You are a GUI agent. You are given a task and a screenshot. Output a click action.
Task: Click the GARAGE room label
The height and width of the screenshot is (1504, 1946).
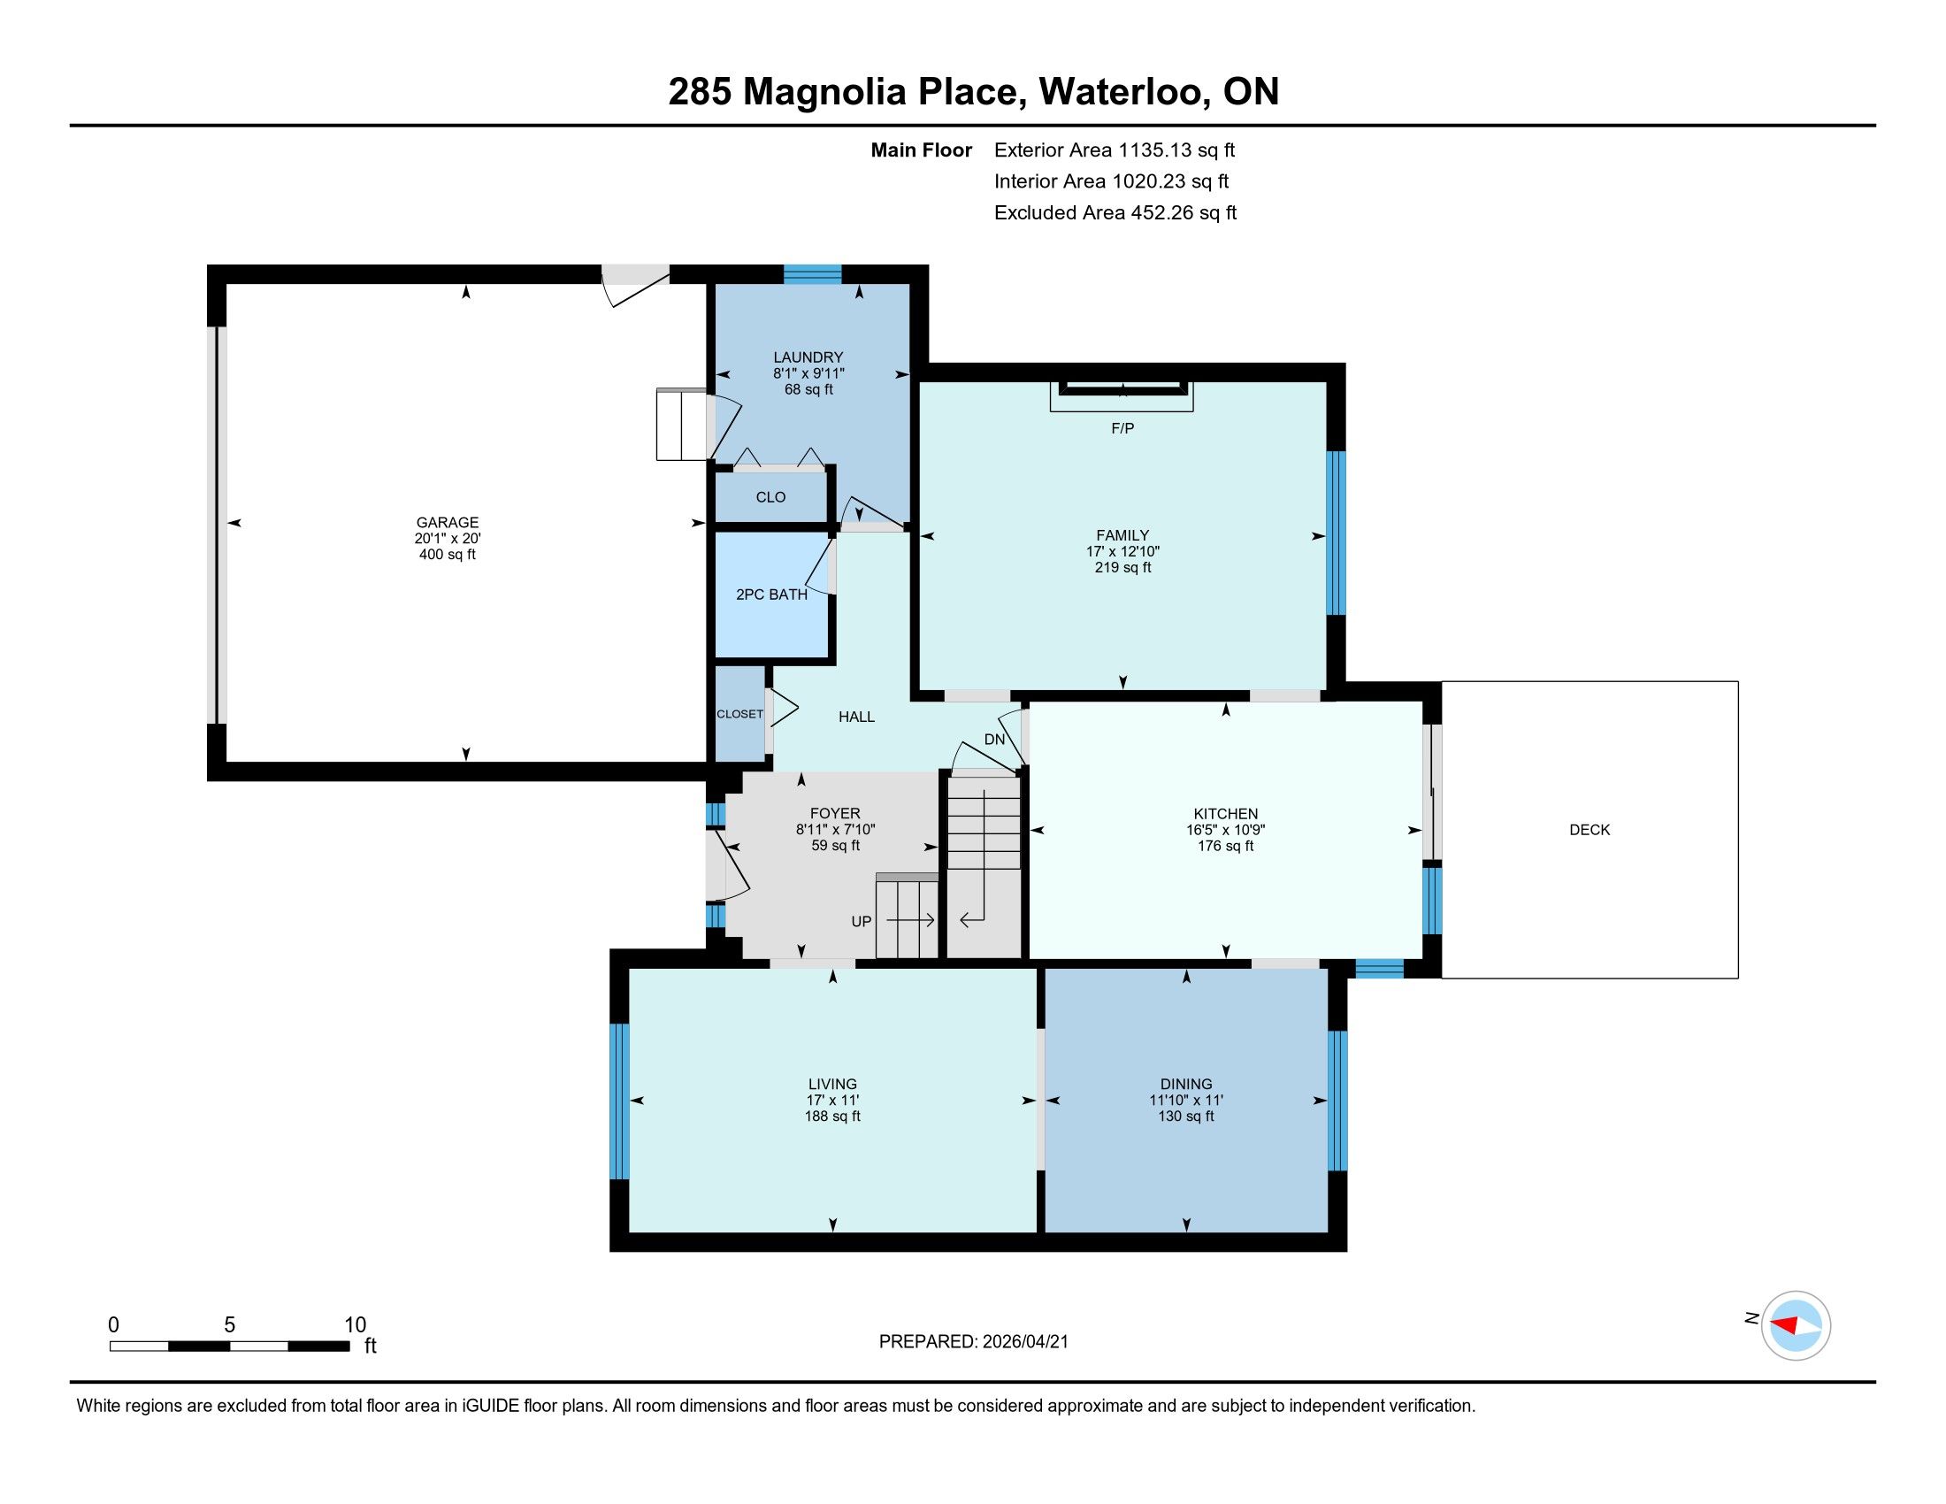[448, 522]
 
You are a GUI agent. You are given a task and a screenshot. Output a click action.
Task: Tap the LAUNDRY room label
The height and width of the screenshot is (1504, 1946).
[808, 357]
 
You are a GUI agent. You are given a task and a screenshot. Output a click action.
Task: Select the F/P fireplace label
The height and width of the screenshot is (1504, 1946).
[1122, 428]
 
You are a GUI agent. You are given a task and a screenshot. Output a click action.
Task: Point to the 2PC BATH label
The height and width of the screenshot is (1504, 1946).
[771, 595]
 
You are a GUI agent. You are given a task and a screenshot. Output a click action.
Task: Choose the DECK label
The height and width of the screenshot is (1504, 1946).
[1590, 830]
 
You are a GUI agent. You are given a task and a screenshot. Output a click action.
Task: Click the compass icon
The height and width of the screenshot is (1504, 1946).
[1797, 1325]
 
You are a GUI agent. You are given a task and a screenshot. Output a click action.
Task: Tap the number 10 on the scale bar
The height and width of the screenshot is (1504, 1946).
[355, 1324]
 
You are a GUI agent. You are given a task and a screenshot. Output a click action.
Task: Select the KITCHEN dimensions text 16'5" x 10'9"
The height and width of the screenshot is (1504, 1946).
[1225, 830]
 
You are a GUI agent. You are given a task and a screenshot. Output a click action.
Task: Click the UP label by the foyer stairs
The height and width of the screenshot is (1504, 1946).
[861, 921]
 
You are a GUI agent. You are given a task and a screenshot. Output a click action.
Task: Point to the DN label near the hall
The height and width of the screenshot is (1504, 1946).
[994, 740]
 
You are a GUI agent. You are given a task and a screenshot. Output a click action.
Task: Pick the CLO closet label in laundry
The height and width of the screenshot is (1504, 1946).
[770, 497]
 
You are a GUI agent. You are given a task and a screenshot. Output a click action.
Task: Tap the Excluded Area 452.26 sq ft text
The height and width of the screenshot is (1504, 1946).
[1115, 213]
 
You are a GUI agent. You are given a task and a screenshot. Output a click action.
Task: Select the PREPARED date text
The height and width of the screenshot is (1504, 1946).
[973, 1342]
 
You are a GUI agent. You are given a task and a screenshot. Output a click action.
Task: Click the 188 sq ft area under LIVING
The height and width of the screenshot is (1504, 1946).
[832, 1116]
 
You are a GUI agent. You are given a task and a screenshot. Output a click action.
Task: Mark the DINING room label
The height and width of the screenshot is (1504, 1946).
[1186, 1085]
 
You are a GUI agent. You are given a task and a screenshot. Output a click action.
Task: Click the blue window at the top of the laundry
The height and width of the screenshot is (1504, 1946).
[813, 273]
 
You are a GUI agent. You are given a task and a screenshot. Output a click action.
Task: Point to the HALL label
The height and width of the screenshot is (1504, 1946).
[856, 717]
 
